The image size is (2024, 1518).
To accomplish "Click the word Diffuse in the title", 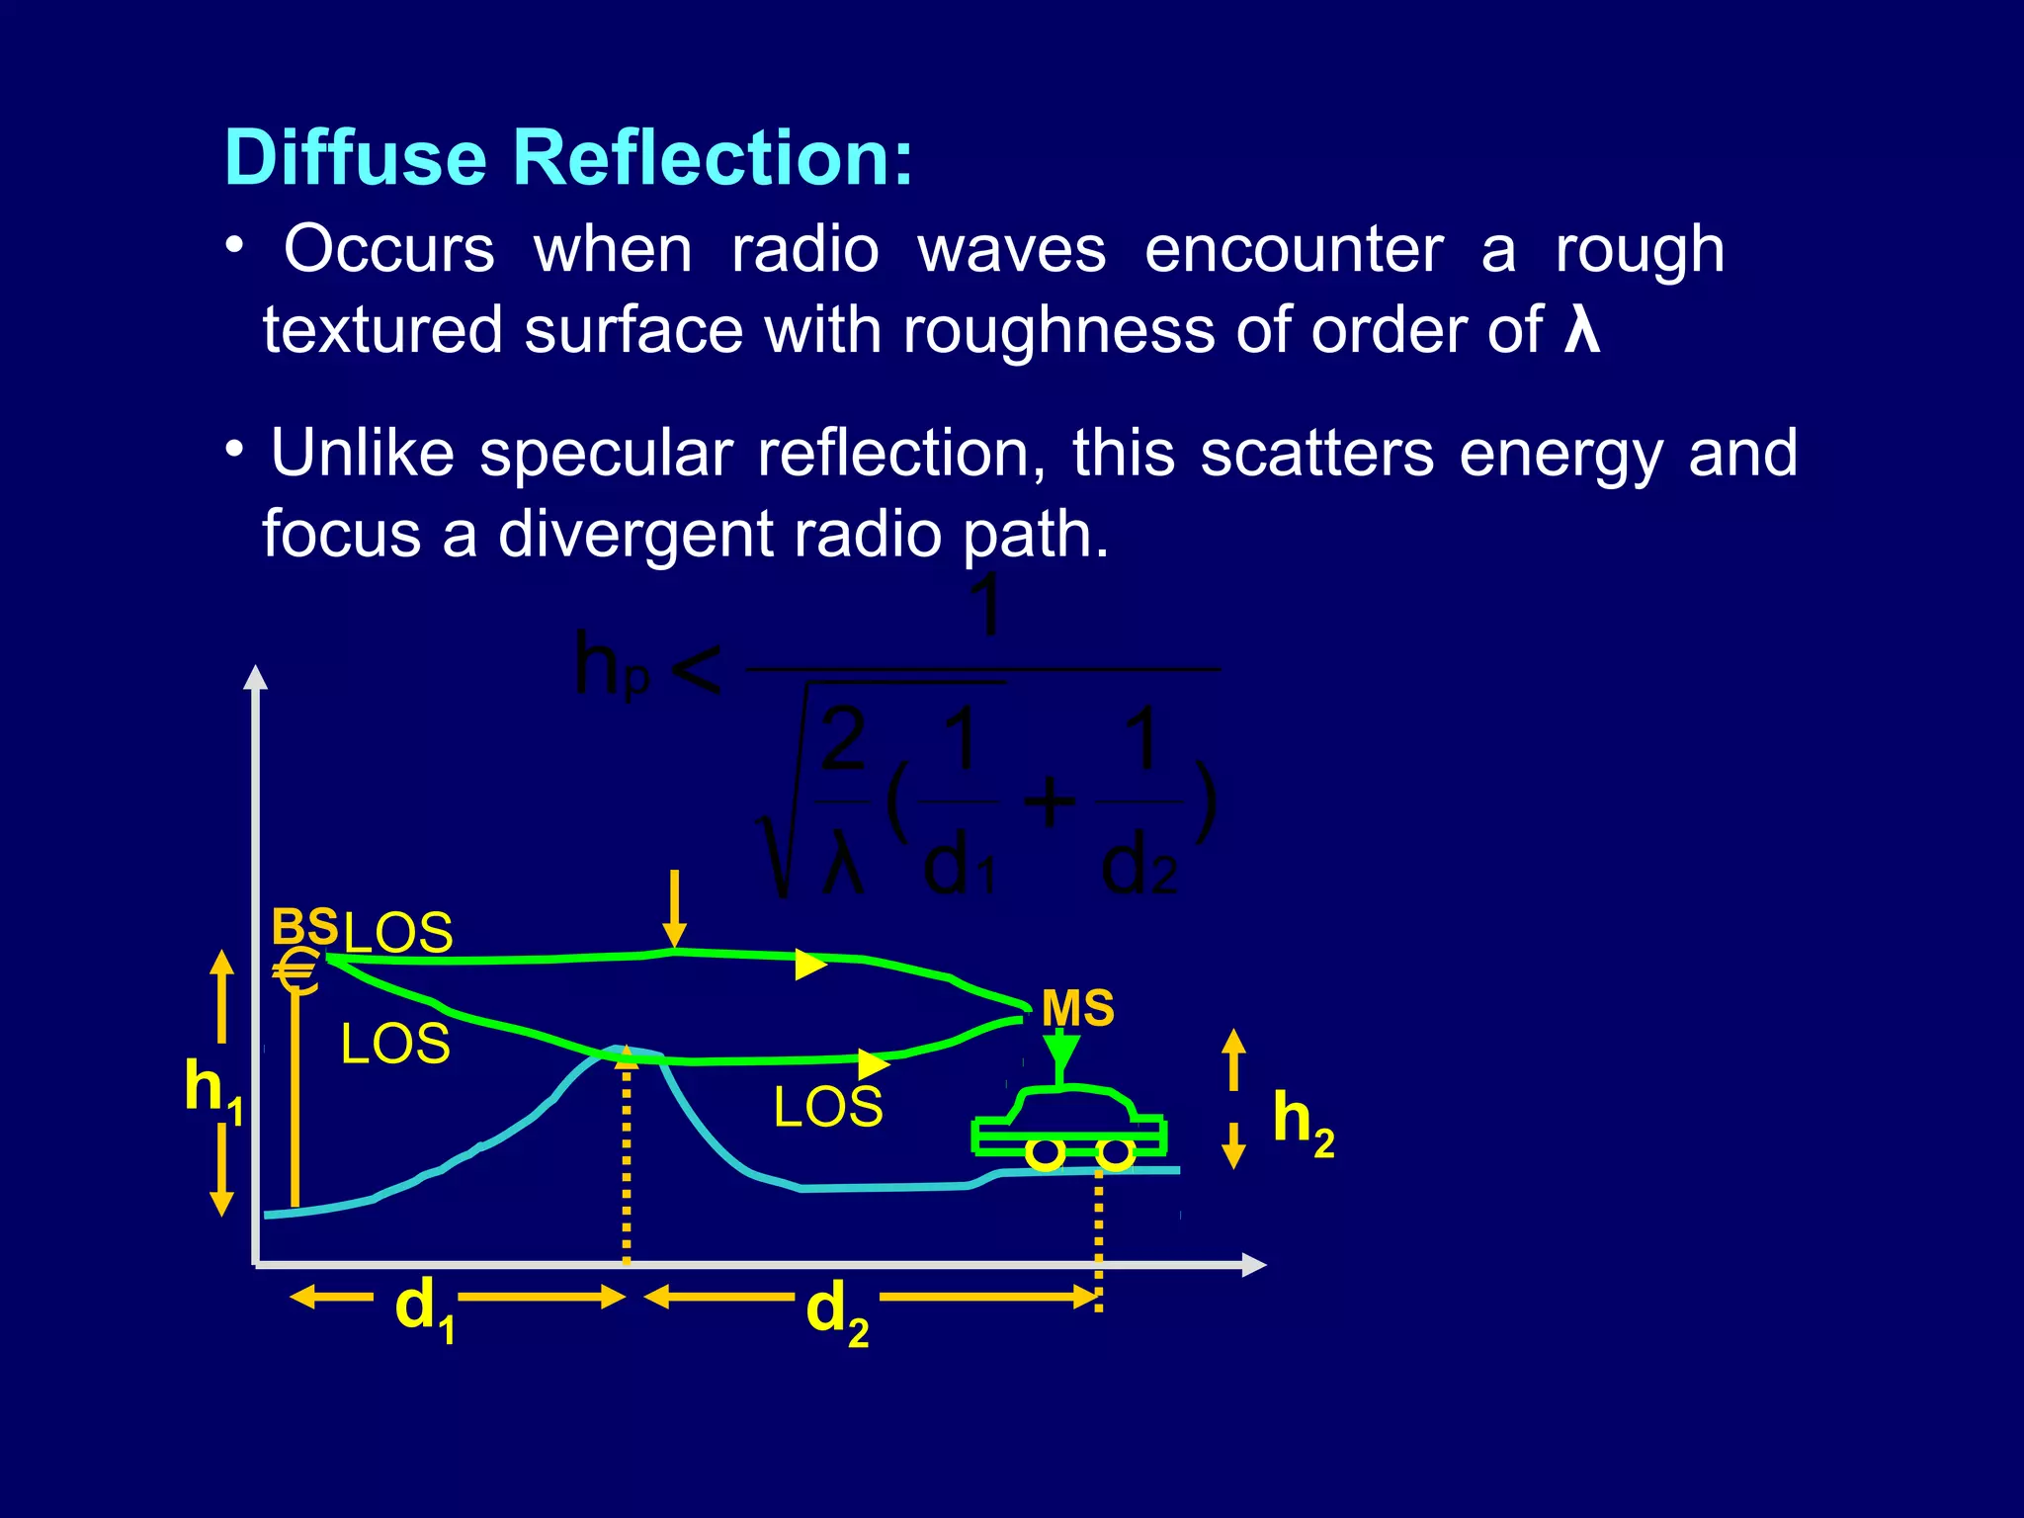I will pos(356,158).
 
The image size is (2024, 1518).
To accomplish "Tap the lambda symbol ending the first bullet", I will pos(1581,329).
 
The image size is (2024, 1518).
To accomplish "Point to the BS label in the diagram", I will pos(304,927).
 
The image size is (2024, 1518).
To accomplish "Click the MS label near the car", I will pos(1078,1009).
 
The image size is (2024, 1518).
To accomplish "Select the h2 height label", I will pos(1303,1121).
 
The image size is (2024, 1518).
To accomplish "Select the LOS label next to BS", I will pos(398,932).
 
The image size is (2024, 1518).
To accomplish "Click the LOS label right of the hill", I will pos(828,1107).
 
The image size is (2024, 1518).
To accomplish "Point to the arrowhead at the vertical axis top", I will pos(256,677).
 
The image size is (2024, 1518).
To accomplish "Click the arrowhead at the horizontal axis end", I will pos(1253,1264).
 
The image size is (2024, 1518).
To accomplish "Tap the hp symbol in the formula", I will pos(612,667).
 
